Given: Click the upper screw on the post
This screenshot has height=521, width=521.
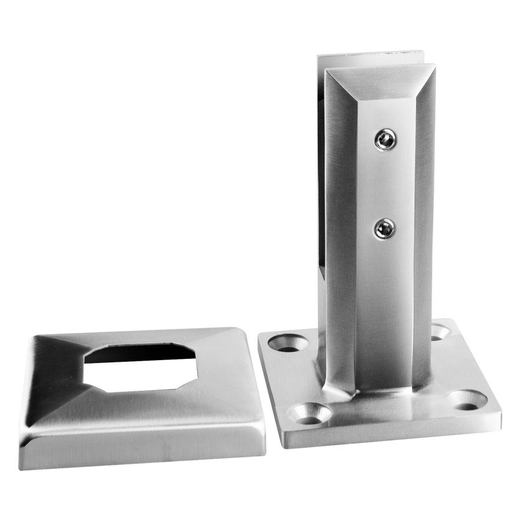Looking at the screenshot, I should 384,140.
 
